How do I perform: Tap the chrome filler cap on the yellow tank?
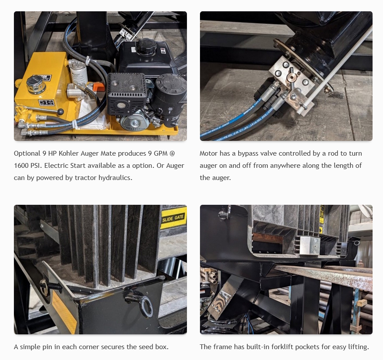pyautogui.click(x=36, y=83)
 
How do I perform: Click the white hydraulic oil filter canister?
pyautogui.click(x=79, y=72)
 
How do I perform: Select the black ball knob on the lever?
pyautogui.click(x=60, y=112)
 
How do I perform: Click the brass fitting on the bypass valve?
pyautogui.click(x=291, y=78)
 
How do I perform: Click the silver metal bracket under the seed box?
pyautogui.click(x=310, y=246)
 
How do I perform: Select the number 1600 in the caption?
pyautogui.click(x=21, y=166)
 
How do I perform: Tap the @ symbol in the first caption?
pyautogui.click(x=172, y=153)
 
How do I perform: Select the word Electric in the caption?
pyautogui.click(x=56, y=166)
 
